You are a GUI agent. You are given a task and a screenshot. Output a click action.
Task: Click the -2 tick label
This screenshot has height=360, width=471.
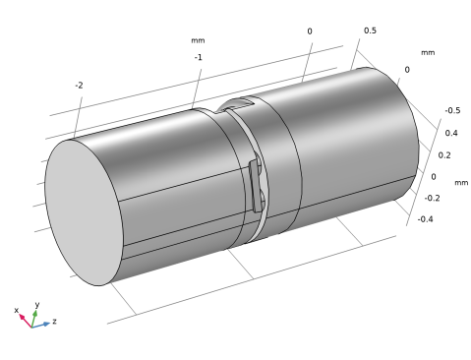coord(79,86)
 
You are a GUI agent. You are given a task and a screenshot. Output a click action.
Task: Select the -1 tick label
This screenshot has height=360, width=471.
coord(198,57)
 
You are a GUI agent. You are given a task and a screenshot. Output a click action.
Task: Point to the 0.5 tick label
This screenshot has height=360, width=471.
coord(370,30)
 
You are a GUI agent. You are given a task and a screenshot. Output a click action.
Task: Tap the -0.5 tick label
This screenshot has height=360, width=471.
coord(452,110)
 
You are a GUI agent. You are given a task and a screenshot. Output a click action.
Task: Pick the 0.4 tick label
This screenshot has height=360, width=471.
coord(451,133)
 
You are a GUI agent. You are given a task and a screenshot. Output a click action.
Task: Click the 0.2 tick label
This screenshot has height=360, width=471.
coord(444,155)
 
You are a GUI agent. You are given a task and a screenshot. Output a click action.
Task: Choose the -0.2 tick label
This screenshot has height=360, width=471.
coord(432,198)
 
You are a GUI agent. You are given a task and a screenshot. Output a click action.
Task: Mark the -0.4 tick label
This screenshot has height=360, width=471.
coord(425,219)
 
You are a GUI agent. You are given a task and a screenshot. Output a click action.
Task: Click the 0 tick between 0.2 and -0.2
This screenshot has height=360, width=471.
coord(434,177)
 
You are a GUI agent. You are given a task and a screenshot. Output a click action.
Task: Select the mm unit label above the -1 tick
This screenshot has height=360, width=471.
coord(198,40)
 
